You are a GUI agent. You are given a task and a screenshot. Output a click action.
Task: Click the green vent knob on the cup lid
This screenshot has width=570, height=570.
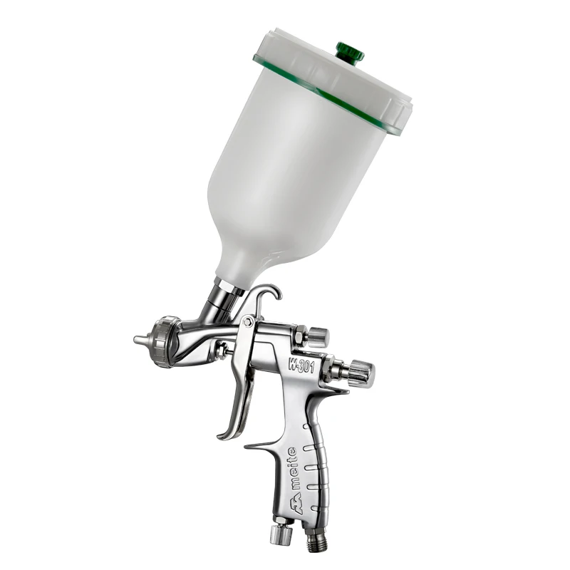pos(350,53)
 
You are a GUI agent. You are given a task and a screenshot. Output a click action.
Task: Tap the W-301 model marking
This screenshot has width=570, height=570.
pos(301,364)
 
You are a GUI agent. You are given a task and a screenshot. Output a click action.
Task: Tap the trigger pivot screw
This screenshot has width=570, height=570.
pos(248,321)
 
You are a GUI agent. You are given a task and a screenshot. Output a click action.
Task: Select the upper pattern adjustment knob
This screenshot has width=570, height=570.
pos(318,336)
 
